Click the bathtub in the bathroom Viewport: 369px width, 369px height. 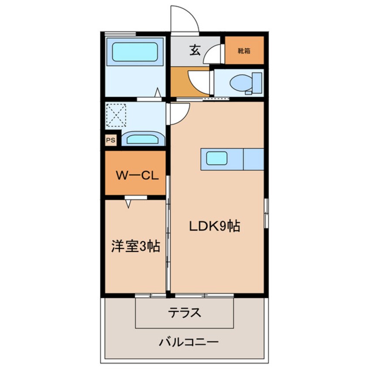(135, 52)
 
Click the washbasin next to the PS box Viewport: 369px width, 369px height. (143, 139)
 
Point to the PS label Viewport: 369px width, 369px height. (110, 140)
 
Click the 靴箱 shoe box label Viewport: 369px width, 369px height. (244, 51)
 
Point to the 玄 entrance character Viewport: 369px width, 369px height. (195, 50)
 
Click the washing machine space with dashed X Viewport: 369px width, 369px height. (116, 115)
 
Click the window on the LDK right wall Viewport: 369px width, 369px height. (266, 212)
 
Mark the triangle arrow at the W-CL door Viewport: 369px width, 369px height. (129, 202)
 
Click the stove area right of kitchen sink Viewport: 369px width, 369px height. (253, 159)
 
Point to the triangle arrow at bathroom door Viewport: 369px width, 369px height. (158, 92)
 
